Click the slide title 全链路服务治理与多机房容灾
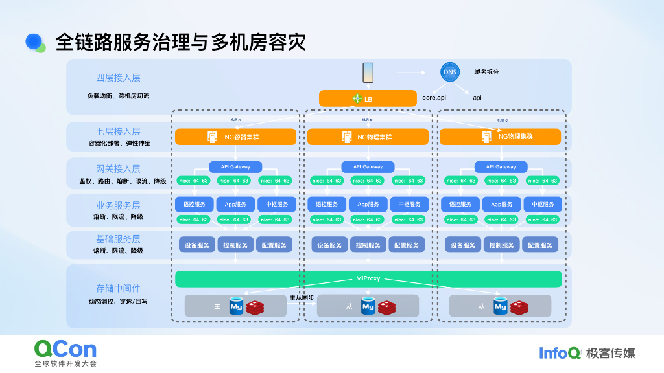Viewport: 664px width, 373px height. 180,42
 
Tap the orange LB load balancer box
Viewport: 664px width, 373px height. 368,98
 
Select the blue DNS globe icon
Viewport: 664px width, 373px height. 449,72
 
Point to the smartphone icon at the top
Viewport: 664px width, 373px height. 368,73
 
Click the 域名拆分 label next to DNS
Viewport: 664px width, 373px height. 486,72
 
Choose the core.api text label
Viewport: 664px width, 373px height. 434,98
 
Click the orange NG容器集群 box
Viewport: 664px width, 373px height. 235,137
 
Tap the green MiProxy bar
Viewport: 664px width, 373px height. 368,278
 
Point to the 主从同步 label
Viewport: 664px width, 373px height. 302,298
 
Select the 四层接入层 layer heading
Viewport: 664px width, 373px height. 118,78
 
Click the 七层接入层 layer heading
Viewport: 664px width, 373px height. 118,131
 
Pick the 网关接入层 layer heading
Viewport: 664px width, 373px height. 118,169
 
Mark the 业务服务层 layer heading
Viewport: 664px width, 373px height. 118,205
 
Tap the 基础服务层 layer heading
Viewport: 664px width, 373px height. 118,239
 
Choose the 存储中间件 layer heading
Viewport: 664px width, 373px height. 118,288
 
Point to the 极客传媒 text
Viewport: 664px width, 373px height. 610,353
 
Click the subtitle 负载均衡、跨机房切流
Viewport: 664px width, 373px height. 118,96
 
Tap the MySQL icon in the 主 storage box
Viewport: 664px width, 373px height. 235,306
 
